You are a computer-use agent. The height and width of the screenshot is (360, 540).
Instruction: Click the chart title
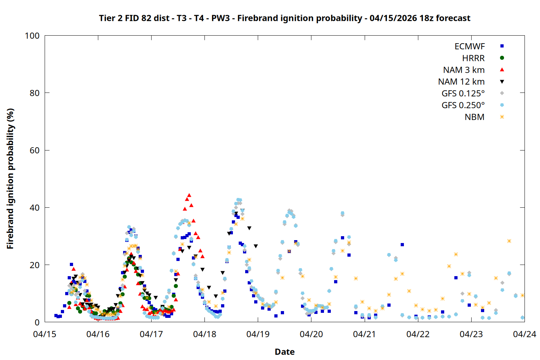coord(284,18)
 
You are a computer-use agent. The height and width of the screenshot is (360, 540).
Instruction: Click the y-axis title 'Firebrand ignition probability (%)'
coord(10,179)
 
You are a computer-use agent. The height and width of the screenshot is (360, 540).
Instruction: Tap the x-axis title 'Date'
coord(284,352)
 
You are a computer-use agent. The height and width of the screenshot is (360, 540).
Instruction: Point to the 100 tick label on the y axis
coord(32,36)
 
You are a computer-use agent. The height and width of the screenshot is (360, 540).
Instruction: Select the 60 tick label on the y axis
coord(35,150)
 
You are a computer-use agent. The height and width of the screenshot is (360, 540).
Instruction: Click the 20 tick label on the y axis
coord(35,265)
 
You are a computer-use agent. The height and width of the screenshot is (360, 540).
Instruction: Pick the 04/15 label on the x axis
coord(45,334)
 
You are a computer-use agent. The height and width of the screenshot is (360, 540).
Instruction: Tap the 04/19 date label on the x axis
coord(258,334)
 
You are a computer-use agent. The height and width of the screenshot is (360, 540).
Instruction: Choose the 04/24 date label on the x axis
coord(524,334)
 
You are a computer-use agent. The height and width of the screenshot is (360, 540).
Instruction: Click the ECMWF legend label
coord(469,46)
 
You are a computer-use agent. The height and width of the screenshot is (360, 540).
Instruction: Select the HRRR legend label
coord(473,58)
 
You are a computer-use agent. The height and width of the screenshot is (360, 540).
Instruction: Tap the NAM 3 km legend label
coord(464,70)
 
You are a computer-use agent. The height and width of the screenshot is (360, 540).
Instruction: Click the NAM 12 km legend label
coord(461,82)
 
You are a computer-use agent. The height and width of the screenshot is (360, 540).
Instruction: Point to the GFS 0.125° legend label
coord(463,94)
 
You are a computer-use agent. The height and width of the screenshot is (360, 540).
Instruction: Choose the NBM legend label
coord(474,117)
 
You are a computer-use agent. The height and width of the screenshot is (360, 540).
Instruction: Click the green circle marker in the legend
coord(502,58)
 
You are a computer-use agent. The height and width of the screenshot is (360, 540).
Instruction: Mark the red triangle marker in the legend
coord(502,70)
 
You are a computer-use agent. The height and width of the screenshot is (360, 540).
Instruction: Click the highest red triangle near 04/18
coord(189,195)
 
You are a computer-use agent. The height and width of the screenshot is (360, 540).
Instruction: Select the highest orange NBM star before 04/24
coord(509,241)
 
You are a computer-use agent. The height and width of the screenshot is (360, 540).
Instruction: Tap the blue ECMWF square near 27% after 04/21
coord(402,245)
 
